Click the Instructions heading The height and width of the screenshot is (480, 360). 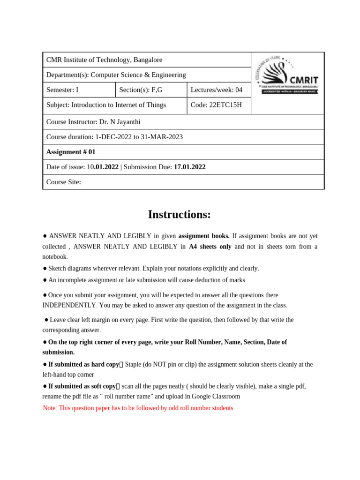(x=180, y=214)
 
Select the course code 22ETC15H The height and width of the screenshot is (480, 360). (x=226, y=105)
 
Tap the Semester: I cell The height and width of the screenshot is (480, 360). (x=79, y=90)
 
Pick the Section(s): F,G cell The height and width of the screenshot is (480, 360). (x=151, y=90)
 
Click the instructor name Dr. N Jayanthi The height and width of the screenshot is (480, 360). (x=120, y=122)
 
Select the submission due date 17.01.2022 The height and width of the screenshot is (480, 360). (x=189, y=167)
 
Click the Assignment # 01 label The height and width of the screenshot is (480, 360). (x=71, y=152)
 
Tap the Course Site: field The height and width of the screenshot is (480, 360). (x=64, y=182)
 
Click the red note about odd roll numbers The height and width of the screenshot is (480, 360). (x=138, y=408)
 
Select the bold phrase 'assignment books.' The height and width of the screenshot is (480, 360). (x=204, y=236)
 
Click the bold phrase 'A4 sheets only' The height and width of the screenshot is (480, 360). (x=210, y=247)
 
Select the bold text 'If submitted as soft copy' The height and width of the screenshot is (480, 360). (x=82, y=386)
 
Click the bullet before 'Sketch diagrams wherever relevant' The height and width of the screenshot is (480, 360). (x=45, y=269)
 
